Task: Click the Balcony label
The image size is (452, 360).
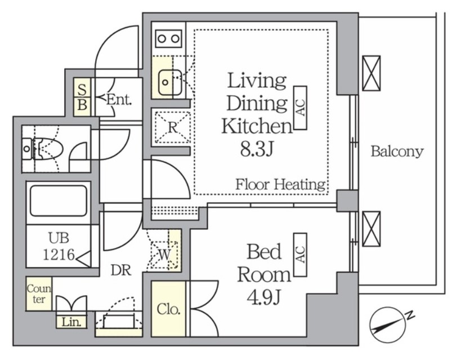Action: [397, 152]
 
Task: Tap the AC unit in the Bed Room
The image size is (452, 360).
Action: [300, 255]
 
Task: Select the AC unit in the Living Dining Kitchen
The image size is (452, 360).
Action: [300, 108]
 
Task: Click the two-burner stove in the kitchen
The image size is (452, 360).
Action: [169, 39]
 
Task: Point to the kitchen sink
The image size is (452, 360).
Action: [170, 82]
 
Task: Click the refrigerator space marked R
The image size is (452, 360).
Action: [173, 127]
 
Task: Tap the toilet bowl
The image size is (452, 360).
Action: [47, 149]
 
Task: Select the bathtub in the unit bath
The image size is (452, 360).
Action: [59, 201]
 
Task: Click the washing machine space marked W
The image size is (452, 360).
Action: [164, 255]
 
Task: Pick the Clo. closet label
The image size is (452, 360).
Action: [169, 309]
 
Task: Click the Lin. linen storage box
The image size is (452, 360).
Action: [71, 322]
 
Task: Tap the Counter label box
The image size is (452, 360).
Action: [39, 294]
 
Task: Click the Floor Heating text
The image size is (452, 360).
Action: [280, 184]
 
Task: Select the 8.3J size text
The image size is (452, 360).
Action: [257, 149]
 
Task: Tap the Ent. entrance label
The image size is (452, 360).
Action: [119, 100]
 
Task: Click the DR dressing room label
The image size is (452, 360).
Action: [121, 270]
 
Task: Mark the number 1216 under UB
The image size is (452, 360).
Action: [59, 255]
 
